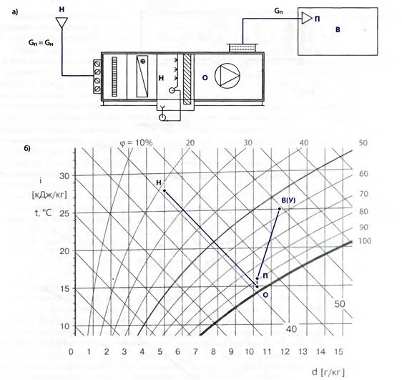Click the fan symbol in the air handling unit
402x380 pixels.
[x=227, y=76]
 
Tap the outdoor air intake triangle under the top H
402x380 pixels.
[x=62, y=22]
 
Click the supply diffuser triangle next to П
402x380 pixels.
[x=307, y=18]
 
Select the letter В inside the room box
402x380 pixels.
[x=338, y=30]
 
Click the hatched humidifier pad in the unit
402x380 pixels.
[x=187, y=79]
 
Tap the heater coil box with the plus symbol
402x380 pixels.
[x=142, y=76]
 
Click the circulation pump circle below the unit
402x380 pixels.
[x=162, y=117]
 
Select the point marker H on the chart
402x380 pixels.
[x=165, y=190]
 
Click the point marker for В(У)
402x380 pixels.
[x=280, y=209]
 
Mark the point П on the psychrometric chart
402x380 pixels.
[x=257, y=278]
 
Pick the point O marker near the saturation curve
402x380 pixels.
[x=257, y=286]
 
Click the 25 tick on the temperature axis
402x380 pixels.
[x=64, y=213]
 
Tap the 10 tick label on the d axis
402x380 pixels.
[x=249, y=351]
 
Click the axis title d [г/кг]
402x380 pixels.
[x=328, y=371]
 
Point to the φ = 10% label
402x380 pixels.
[x=137, y=142]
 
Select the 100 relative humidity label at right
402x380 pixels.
[x=365, y=241]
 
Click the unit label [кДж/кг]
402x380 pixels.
[x=49, y=195]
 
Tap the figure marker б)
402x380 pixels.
[x=27, y=148]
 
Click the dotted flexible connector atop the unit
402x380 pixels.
[x=242, y=48]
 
